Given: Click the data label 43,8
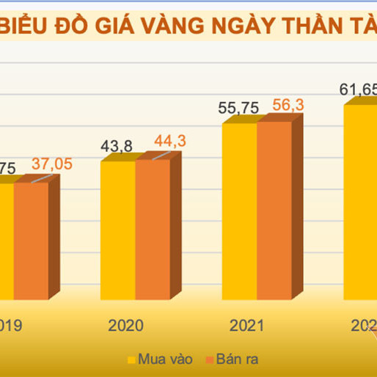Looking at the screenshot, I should click(114, 147).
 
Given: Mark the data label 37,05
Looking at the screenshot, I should click(51, 164).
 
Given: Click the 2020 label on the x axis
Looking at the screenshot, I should click(125, 325).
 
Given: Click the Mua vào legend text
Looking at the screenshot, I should click(162, 359).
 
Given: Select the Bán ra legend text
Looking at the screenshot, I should click(237, 359).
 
